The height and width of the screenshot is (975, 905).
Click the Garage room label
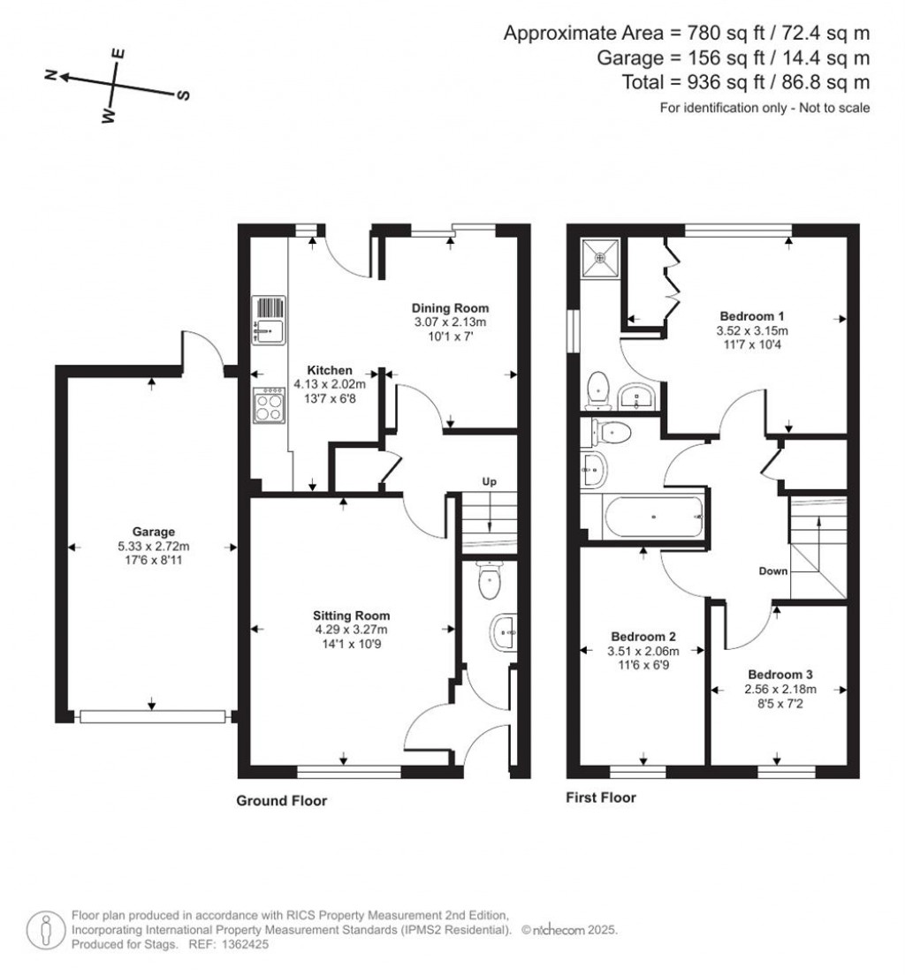click(153, 532)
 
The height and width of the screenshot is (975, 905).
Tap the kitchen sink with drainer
click(269, 320)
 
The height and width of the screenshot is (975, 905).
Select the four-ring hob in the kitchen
click(269, 404)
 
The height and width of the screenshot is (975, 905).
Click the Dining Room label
click(450, 308)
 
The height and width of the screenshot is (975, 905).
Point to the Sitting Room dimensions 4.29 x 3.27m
click(351, 630)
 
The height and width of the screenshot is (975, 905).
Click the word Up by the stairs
click(490, 482)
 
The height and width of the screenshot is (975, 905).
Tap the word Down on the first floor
click(773, 571)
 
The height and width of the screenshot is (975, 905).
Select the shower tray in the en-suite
click(600, 256)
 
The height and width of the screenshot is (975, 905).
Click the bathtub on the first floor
click(654, 516)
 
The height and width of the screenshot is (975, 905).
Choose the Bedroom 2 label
click(643, 637)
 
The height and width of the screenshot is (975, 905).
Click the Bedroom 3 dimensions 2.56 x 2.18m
click(780, 689)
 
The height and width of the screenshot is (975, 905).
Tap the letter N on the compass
click(51, 75)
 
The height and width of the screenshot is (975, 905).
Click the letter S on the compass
click(184, 95)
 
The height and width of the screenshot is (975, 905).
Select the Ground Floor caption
click(281, 801)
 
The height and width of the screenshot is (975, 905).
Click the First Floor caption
click(601, 797)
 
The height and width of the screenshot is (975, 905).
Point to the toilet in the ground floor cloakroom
click(489, 580)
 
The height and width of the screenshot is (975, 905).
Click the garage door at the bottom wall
click(152, 717)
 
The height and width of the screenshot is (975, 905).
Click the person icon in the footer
click(45, 931)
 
